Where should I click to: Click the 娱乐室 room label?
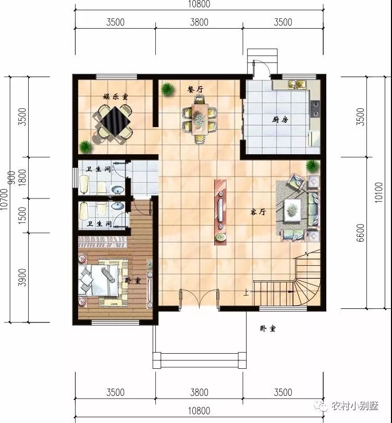coord(115,96)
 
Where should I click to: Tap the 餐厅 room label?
coord(195,90)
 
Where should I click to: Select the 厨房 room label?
coord(280,119)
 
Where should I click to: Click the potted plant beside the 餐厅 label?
coord(167,89)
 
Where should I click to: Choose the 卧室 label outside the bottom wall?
coord(267,329)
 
